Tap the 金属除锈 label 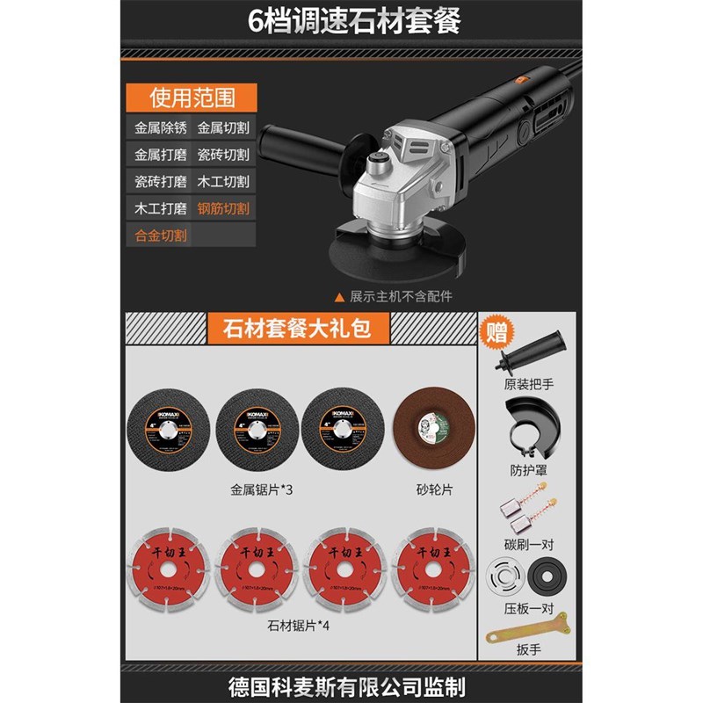[x=161, y=127]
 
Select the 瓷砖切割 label [x=223, y=155]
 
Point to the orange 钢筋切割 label [x=223, y=209]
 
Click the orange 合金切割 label [x=161, y=236]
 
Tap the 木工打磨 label [x=161, y=209]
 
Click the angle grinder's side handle [x=308, y=162]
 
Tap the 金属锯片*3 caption [x=261, y=488]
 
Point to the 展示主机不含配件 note [x=400, y=296]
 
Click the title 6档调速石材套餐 [x=351, y=20]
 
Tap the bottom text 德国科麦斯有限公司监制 [x=351, y=685]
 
